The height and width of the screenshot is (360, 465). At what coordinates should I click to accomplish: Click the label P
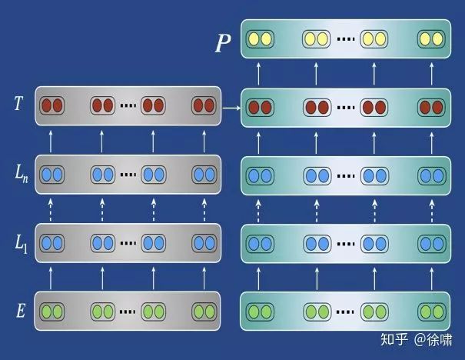tap(222, 44)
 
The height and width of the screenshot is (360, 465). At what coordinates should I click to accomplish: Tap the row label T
tap(17, 102)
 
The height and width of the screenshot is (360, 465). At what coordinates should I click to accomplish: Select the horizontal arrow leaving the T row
tap(231, 109)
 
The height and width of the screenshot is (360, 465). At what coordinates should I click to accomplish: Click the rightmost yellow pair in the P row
tap(431, 37)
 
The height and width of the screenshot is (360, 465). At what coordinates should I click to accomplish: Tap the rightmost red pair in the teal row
tap(431, 106)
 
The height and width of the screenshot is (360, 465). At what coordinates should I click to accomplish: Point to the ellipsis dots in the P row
tap(345, 37)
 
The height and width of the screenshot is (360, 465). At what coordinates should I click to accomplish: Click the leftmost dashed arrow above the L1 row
tap(51, 208)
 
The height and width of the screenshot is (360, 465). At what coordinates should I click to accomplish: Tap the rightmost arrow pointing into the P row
tap(430, 72)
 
